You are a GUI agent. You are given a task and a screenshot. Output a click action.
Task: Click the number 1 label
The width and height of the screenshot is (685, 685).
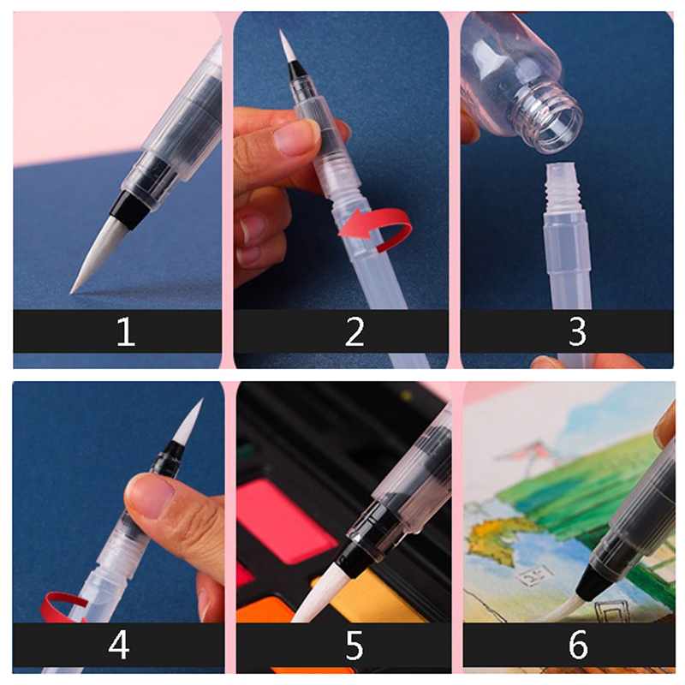point(126,331)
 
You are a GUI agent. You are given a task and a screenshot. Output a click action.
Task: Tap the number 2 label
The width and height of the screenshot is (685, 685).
point(354,331)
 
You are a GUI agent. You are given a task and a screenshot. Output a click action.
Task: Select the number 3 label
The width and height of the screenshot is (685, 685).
point(577,331)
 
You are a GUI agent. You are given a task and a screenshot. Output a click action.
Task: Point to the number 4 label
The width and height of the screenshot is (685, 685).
point(119,645)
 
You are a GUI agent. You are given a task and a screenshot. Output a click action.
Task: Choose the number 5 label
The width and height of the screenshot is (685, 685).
point(354,645)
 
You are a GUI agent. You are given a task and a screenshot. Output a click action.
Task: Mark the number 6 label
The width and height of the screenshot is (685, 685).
point(578,645)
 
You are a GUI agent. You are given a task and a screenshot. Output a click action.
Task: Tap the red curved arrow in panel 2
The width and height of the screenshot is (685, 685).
point(376,229)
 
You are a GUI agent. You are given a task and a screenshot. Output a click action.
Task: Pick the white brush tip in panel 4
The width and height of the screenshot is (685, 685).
point(188,420)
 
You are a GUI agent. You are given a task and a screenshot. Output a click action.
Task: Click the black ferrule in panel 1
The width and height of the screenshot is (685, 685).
point(130,210)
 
